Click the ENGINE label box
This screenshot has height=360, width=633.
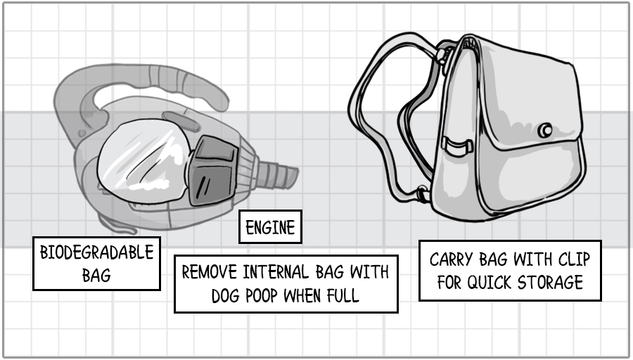pos(270,227)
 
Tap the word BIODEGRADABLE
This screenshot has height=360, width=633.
pos(96,253)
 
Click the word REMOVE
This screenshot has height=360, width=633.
pos(210,272)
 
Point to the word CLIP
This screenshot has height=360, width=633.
pos(572,259)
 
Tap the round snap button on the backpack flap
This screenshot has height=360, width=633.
pos(544,131)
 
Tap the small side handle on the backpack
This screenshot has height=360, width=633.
pos(457,146)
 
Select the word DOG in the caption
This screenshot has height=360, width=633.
pos(224,295)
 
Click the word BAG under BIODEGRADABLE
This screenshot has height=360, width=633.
pos(96,275)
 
